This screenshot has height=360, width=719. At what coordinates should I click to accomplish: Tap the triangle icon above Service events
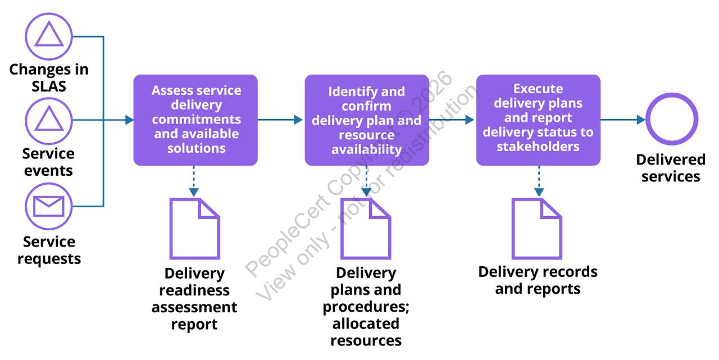(49, 120)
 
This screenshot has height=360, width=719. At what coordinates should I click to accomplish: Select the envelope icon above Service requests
(49, 206)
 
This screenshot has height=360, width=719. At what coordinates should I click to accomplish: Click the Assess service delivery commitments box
(195, 120)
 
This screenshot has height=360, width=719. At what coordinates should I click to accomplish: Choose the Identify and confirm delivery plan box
(367, 120)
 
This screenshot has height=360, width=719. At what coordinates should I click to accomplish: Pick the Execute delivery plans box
(538, 120)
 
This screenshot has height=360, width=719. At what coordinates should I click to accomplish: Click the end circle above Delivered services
(671, 120)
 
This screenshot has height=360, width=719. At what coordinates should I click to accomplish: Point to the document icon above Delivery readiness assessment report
(194, 228)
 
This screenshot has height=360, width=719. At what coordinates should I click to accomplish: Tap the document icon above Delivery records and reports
(536, 228)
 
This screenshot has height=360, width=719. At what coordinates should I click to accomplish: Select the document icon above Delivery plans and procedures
(366, 228)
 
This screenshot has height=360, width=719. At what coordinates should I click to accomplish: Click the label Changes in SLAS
(49, 78)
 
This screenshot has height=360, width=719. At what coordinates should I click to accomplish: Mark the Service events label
(48, 162)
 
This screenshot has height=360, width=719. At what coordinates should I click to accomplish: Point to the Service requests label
(49, 250)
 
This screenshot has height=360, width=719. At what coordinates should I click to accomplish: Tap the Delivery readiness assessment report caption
(194, 299)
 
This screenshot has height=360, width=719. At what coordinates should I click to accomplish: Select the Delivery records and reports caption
(538, 280)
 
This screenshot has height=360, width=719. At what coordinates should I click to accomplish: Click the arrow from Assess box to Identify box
(281, 120)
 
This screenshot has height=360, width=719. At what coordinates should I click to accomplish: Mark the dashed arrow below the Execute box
(539, 181)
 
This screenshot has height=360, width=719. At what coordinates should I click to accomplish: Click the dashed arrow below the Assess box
(194, 181)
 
